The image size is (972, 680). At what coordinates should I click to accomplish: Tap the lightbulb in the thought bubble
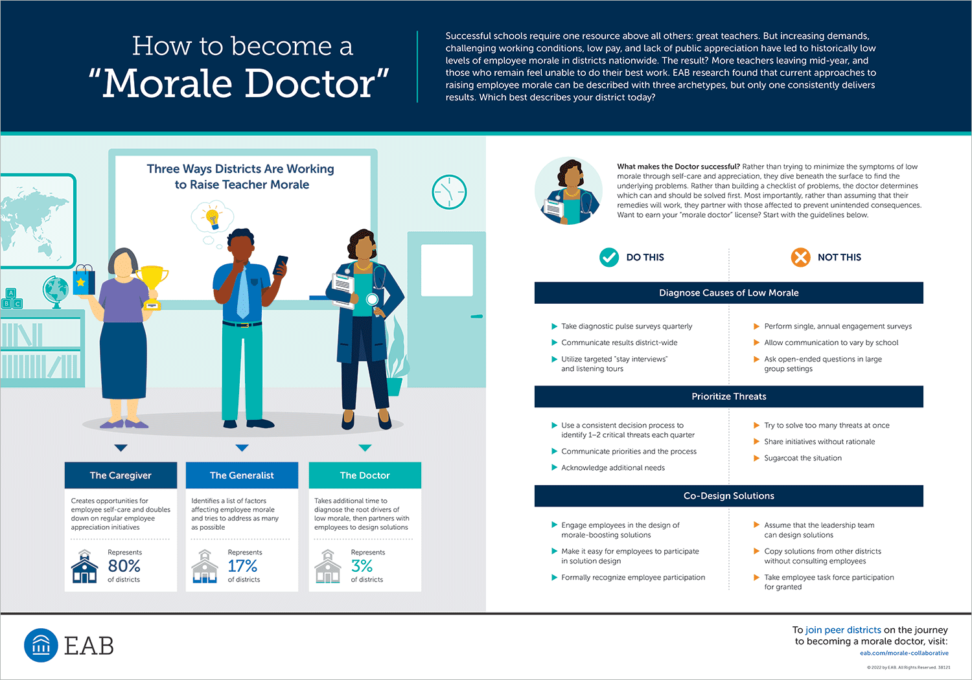pyautogui.click(x=213, y=219)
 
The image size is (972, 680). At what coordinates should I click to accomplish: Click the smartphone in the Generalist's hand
pyautogui.click(x=281, y=265)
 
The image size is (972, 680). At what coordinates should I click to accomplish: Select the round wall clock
pyautogui.click(x=449, y=192)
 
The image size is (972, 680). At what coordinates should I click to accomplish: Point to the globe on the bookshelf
pyautogui.click(x=56, y=291)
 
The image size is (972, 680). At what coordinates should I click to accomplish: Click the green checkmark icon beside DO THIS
pyautogui.click(x=609, y=258)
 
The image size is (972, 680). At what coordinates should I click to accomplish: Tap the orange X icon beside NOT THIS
pyautogui.click(x=800, y=258)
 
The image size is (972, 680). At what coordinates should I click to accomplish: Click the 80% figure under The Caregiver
pyautogui.click(x=124, y=566)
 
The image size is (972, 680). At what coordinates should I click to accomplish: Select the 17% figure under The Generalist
pyautogui.click(x=242, y=566)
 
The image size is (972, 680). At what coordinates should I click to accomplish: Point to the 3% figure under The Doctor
pyautogui.click(x=362, y=566)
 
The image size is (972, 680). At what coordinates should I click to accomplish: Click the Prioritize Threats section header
pyautogui.click(x=728, y=396)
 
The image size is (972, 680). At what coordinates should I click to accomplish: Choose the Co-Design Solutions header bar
pyautogui.click(x=728, y=495)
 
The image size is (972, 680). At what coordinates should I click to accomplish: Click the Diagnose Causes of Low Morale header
pyautogui.click(x=728, y=293)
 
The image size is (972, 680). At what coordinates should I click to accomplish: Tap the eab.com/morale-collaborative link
pyautogui.click(x=905, y=653)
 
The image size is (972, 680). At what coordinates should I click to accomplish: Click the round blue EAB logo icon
pyautogui.click(x=41, y=645)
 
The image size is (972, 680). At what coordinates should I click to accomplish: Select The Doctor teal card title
pyautogui.click(x=365, y=475)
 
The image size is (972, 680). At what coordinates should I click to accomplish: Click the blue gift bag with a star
pyautogui.click(x=84, y=280)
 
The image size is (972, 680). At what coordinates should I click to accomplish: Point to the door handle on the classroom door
pyautogui.click(x=477, y=317)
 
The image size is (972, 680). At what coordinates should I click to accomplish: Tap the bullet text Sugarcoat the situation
pyautogui.click(x=803, y=458)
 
